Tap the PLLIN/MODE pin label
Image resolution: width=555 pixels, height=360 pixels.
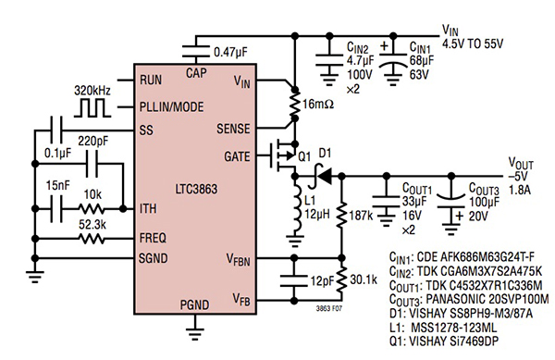[x=175, y=106]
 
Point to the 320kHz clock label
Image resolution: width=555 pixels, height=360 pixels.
[x=93, y=91]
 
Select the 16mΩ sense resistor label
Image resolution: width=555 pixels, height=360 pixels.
[x=320, y=108]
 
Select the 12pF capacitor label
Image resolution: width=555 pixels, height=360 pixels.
[x=319, y=279]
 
